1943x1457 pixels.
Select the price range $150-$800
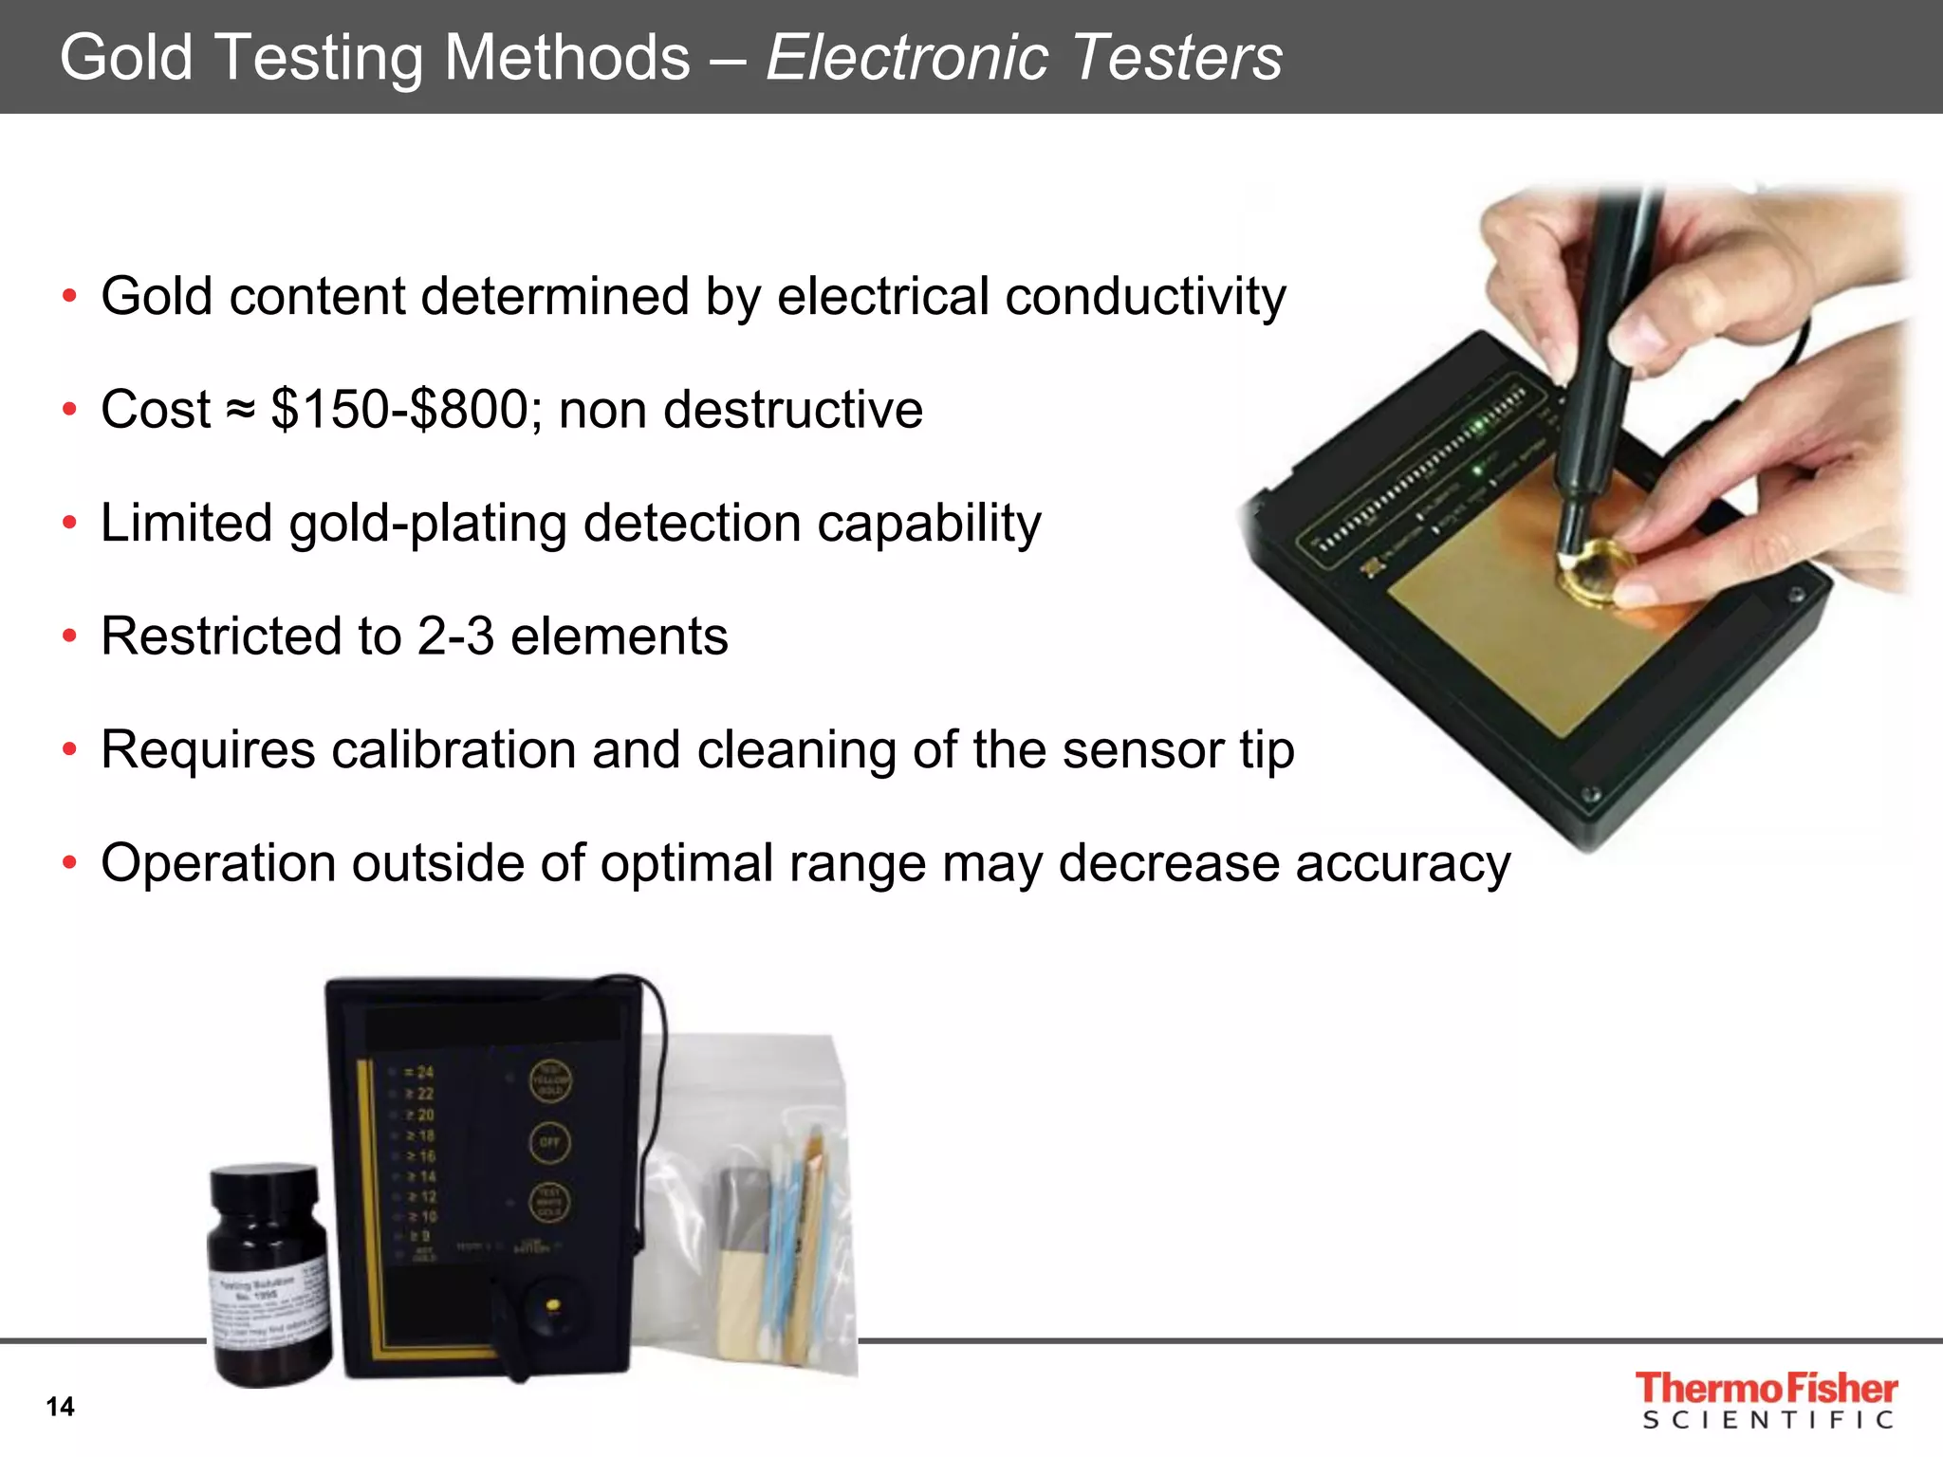coord(399,410)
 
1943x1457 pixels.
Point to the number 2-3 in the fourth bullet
coord(455,636)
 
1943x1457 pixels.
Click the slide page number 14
coord(60,1407)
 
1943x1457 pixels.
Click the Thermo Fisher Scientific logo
coord(1766,1400)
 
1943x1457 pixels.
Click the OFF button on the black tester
coord(549,1142)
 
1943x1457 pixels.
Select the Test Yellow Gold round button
coord(549,1081)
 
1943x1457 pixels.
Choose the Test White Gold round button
coord(549,1203)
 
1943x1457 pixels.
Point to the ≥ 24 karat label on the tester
coord(418,1073)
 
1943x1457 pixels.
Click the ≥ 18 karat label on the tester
coord(419,1135)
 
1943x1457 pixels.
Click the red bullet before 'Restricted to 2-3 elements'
coord(69,636)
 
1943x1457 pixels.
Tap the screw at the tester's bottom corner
coord(1593,795)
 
